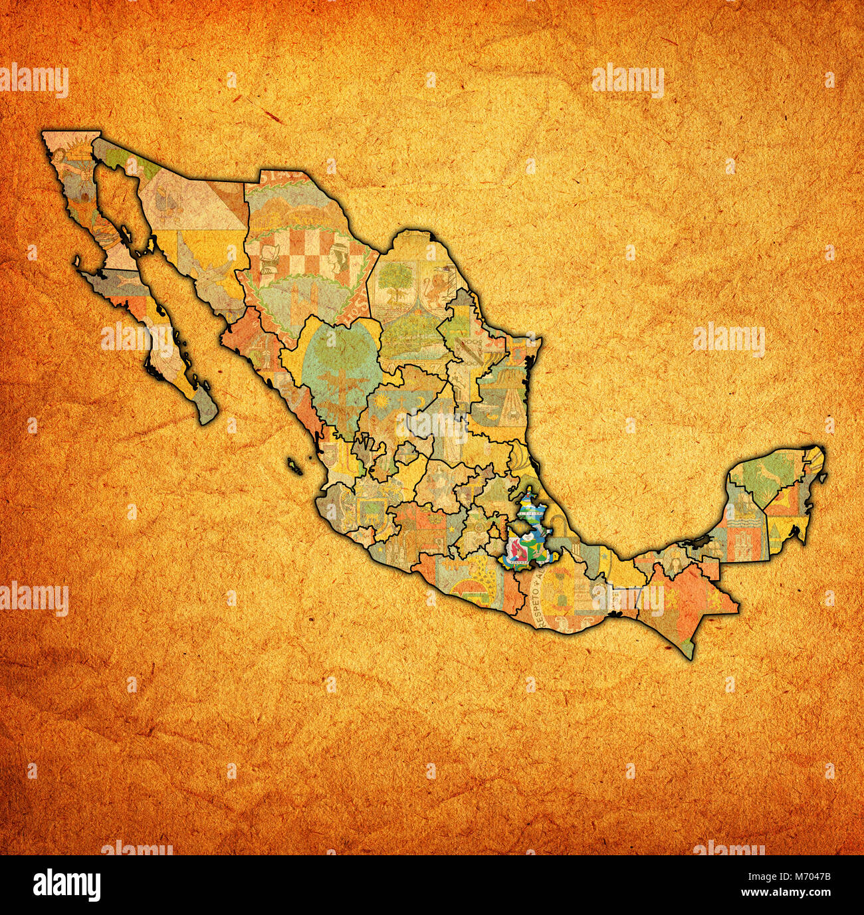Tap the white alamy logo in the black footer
click(x=67, y=884)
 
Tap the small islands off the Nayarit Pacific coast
click(x=295, y=465)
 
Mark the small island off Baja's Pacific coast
click(x=78, y=262)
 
